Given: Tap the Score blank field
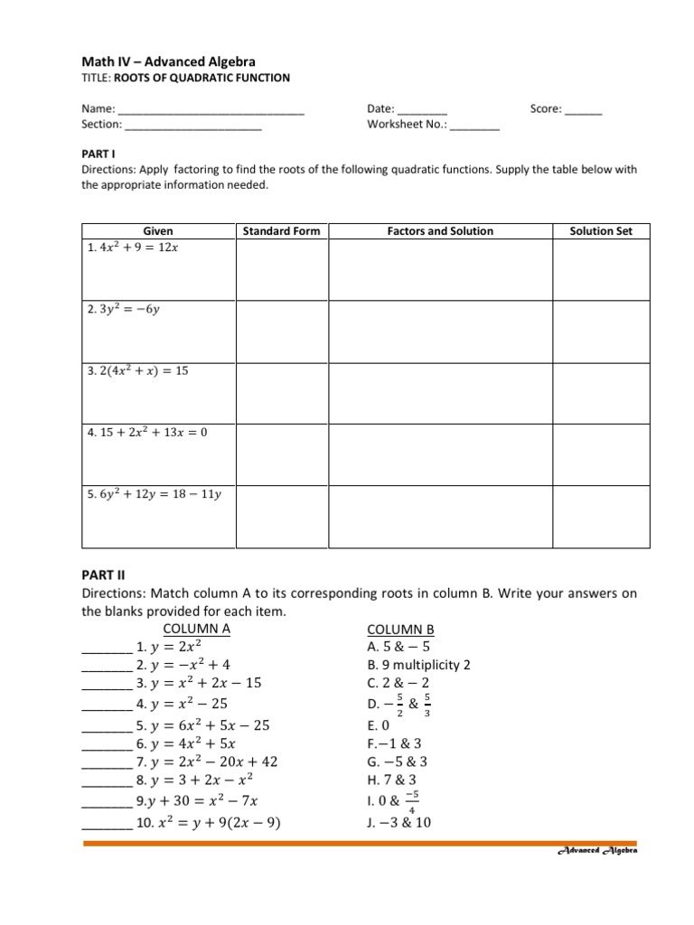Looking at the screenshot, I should (x=583, y=110).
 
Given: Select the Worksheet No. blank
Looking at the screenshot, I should (x=474, y=126).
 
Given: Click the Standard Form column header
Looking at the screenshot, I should (x=281, y=231).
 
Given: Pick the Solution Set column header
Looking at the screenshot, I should (x=601, y=231).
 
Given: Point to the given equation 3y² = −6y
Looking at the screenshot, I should (x=124, y=309).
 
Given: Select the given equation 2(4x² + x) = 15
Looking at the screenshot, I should (x=138, y=370).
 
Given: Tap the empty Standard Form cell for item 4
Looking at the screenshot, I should (x=281, y=455).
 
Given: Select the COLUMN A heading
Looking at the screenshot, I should (x=196, y=629).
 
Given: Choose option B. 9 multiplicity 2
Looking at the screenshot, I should (x=418, y=665).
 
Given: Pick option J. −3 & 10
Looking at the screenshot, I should (x=399, y=822).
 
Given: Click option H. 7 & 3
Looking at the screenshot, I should (x=391, y=780).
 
